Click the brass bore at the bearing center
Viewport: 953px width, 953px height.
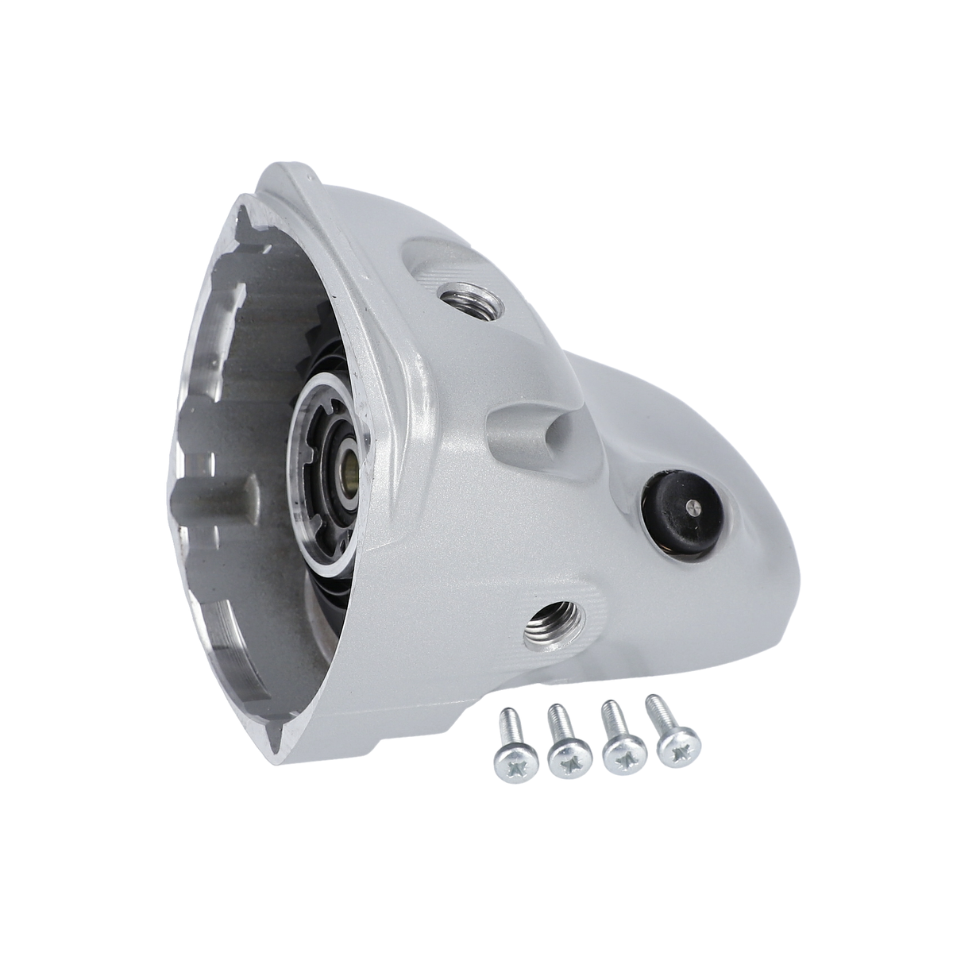point(349,461)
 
